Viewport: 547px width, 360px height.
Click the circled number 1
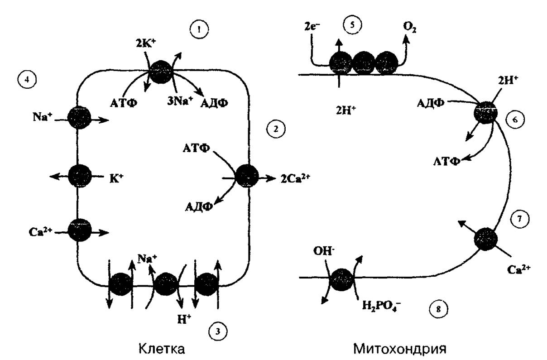click(199, 29)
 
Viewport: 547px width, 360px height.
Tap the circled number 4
click(27, 80)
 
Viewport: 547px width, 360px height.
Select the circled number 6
click(515, 120)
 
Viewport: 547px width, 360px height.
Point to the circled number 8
click(439, 310)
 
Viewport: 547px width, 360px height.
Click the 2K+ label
click(146, 43)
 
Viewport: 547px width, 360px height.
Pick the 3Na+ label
click(178, 101)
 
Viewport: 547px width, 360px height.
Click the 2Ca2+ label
click(295, 178)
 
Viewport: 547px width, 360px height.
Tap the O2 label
click(410, 28)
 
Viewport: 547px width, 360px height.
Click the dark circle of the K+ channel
click(80, 176)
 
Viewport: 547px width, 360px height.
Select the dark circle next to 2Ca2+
click(247, 176)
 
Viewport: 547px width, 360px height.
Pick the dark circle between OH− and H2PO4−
click(341, 280)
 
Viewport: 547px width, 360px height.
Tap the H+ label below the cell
click(184, 319)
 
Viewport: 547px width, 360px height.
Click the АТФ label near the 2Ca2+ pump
click(196, 149)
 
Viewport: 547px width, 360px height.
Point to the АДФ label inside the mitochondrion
click(431, 103)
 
